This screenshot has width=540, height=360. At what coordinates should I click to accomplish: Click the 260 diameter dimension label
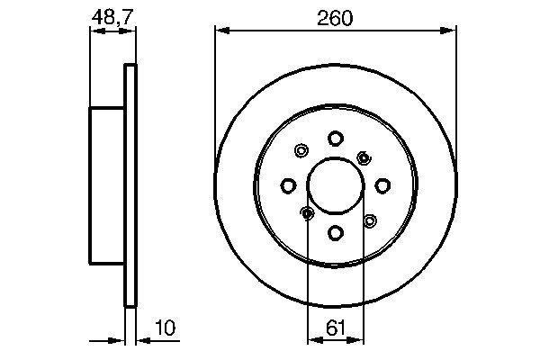335,18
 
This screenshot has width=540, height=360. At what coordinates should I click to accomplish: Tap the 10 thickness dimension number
166,328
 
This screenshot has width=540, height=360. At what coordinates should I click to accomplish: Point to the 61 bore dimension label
335,328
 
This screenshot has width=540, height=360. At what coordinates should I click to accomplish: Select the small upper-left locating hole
301,150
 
